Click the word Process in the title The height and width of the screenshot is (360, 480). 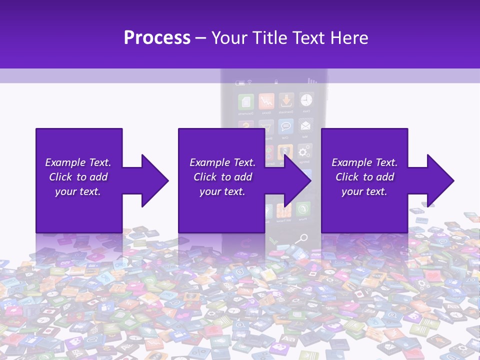click(x=157, y=37)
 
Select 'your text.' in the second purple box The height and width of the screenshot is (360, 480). click(x=222, y=191)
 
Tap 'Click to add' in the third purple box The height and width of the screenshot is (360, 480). click(x=364, y=177)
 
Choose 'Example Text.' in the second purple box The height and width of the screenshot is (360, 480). click(x=222, y=162)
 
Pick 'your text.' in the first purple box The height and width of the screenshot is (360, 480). click(x=77, y=191)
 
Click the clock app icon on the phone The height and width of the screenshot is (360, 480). click(x=306, y=100)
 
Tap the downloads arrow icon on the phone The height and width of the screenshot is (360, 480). click(x=286, y=100)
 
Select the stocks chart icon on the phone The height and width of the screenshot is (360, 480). click(x=266, y=101)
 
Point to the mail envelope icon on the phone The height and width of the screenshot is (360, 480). click(x=305, y=125)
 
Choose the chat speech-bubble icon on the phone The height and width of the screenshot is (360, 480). click(x=285, y=126)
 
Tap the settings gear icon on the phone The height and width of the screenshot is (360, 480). click(x=303, y=151)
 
